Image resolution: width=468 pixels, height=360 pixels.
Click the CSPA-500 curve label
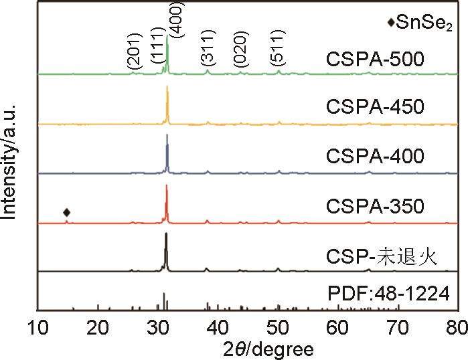[375, 60]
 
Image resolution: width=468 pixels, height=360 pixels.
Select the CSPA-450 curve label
[375, 107]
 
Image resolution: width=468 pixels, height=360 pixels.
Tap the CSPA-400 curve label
[375, 157]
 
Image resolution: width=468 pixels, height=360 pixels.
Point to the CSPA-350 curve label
[375, 206]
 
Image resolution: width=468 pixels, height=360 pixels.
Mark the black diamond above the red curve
[66, 213]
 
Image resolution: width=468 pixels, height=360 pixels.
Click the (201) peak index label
[133, 51]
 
